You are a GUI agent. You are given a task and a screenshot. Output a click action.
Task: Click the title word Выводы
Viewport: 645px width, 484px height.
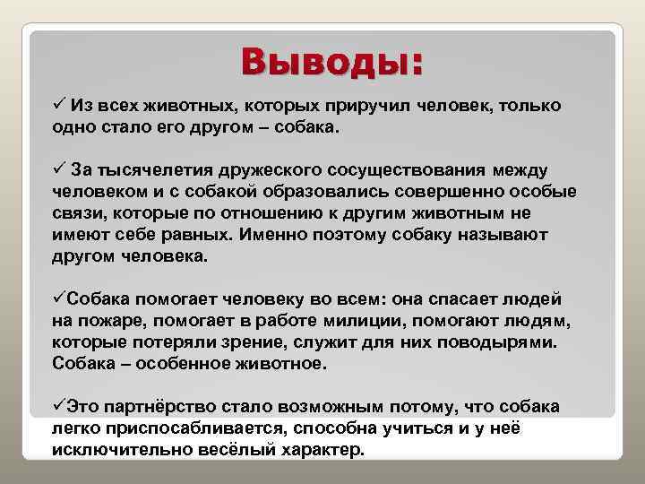(331, 64)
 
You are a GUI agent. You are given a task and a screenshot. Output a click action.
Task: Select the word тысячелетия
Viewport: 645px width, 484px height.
(145, 170)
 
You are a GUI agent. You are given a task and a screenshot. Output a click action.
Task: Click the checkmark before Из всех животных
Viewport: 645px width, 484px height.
(59, 106)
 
